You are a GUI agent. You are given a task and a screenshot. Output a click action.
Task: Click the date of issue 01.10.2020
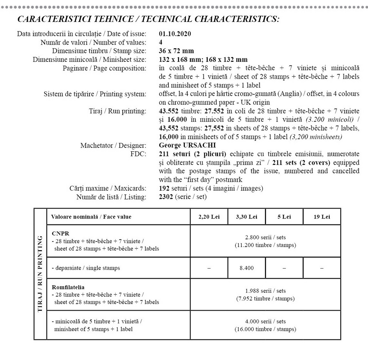(x=175, y=34)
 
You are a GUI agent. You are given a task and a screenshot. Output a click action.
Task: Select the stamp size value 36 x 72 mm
(x=176, y=51)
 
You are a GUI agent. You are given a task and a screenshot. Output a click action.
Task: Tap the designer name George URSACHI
(x=187, y=145)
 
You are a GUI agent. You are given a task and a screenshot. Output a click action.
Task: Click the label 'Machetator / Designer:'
(x=113, y=145)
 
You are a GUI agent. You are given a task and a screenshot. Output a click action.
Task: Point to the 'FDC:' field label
(x=138, y=154)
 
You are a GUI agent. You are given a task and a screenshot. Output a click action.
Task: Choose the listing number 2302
(x=166, y=197)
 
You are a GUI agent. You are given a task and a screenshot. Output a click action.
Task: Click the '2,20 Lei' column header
(x=209, y=217)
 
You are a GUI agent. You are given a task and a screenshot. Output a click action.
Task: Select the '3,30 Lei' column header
(x=247, y=217)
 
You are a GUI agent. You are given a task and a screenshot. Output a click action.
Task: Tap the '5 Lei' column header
(x=284, y=217)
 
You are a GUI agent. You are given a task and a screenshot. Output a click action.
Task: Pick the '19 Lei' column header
(x=322, y=217)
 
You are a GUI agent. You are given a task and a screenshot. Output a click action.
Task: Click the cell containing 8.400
(x=247, y=268)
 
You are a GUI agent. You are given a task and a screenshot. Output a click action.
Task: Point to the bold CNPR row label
(x=60, y=233)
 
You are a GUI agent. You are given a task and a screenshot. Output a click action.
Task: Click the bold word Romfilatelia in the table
(x=68, y=287)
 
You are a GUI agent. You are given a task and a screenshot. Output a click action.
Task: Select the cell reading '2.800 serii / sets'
(x=265, y=238)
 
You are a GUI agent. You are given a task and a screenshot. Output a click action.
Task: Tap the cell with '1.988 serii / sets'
(x=265, y=291)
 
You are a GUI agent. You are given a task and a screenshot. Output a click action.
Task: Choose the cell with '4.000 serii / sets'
(x=265, y=321)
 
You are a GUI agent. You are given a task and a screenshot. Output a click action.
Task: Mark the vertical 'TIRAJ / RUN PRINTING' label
(x=40, y=274)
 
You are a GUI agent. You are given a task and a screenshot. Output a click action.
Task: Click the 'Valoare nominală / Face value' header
(x=91, y=217)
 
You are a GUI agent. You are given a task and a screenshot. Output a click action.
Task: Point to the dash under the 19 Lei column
(x=322, y=268)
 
